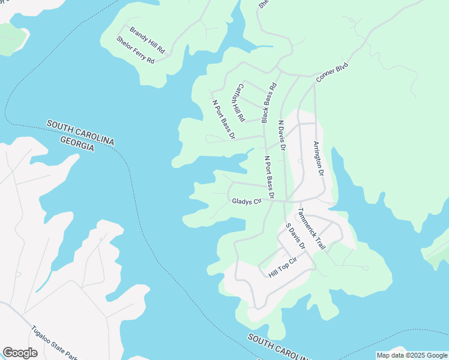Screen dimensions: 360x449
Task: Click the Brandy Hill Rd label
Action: [x=146, y=37]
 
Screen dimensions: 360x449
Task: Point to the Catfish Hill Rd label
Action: [x=238, y=101]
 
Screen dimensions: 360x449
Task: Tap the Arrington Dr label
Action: [x=318, y=158]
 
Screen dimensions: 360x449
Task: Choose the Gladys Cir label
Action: [x=247, y=201]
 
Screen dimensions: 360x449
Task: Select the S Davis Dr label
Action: [x=295, y=236]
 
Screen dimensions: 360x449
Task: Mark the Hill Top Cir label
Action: [x=283, y=267]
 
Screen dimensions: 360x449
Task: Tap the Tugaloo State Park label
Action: [x=53, y=343]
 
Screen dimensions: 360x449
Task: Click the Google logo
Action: [x=20, y=353]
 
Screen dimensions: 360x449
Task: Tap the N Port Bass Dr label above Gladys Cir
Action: [x=269, y=177]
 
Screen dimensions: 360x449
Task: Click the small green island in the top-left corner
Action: [x=12, y=38]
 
